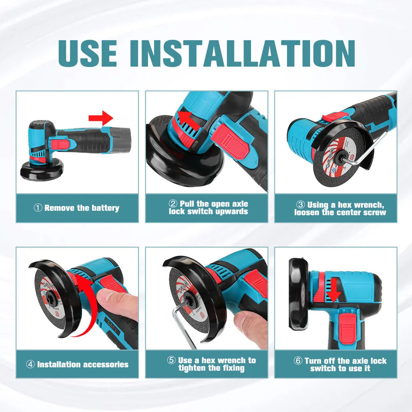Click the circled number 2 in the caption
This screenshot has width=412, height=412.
tap(173, 204)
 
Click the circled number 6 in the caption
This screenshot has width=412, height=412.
tap(298, 361)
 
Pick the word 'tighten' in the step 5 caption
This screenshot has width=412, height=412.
tap(194, 368)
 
